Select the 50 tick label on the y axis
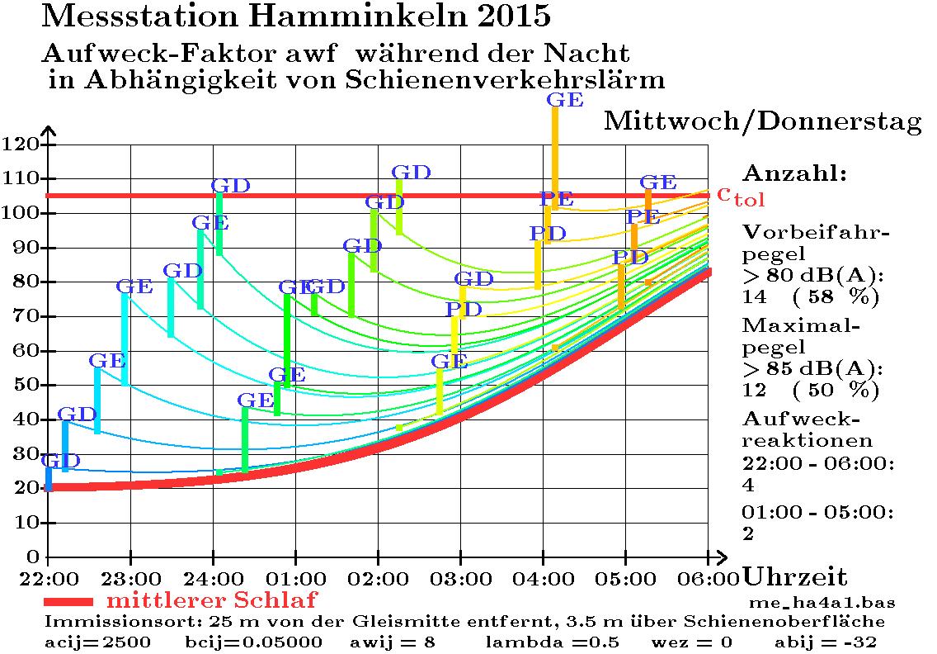(24, 385)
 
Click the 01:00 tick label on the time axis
(295, 575)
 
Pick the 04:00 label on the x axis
(543, 575)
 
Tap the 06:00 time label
(708, 575)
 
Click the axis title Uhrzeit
(795, 576)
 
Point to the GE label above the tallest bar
(565, 101)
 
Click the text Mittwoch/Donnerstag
(763, 122)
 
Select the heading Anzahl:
(795, 174)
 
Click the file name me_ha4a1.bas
(822, 602)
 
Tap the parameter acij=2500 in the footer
(98, 642)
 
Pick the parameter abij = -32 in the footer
(826, 642)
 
